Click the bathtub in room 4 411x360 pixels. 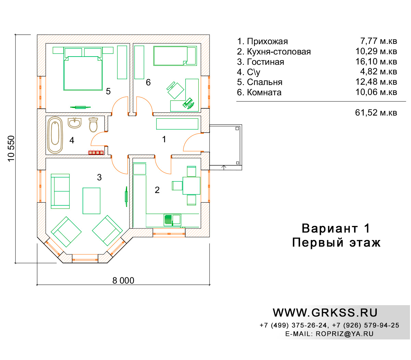(x=55, y=135)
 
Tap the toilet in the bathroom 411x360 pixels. (x=93, y=125)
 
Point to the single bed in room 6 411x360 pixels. (x=175, y=56)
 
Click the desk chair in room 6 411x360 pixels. (x=175, y=90)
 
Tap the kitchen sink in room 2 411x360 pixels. (x=172, y=220)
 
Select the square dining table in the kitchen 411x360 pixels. (x=191, y=185)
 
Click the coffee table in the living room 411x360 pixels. (x=91, y=201)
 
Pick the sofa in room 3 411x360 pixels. (x=60, y=191)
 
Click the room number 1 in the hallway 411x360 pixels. (x=164, y=140)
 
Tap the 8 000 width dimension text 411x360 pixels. (x=123, y=280)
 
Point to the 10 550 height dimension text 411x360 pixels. (x=11, y=148)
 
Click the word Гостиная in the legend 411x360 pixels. (x=265, y=62)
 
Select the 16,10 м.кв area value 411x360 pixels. (x=376, y=61)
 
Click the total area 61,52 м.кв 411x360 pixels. (x=376, y=112)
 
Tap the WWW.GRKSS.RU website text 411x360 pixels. (x=325, y=313)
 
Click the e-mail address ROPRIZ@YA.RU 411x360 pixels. (x=345, y=334)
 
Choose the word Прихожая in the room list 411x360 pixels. (x=267, y=41)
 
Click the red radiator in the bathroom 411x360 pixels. (x=96, y=153)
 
